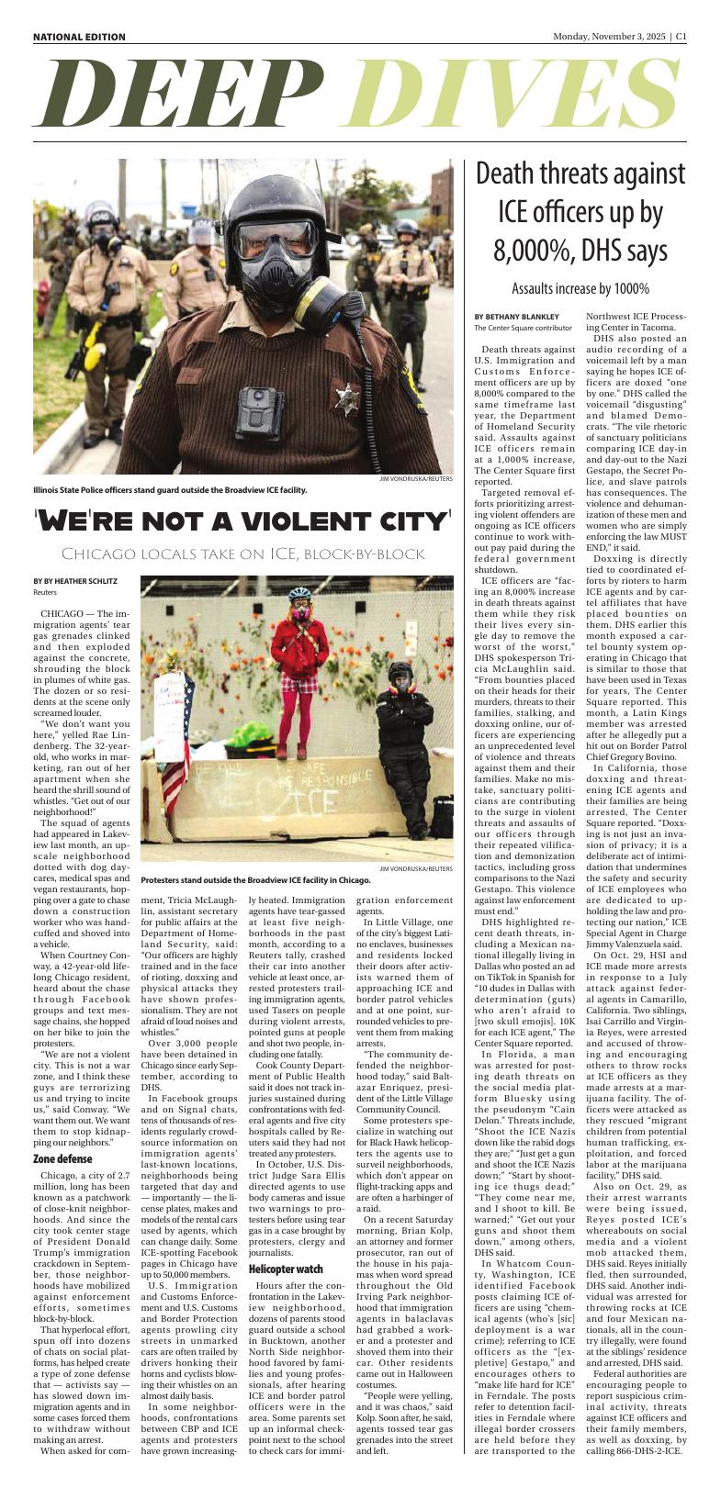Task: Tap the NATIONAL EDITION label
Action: (x=79, y=37)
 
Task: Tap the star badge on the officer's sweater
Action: (x=346, y=400)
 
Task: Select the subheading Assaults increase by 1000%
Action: (x=580, y=288)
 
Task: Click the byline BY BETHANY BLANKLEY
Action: (x=516, y=317)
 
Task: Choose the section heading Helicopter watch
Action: (x=285, y=1242)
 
